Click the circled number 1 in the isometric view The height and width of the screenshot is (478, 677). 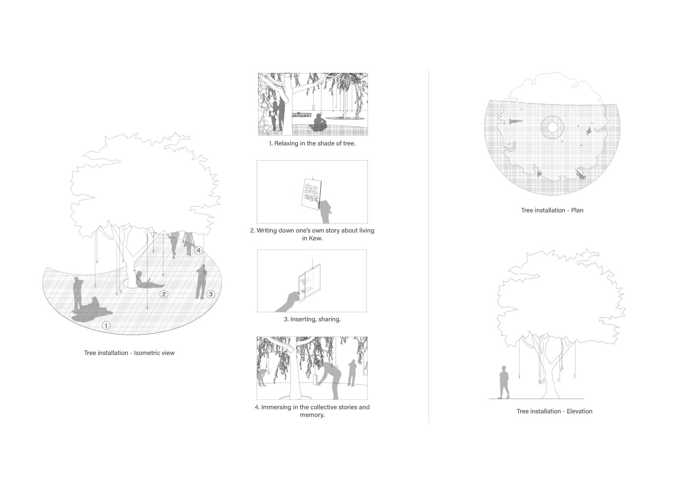tap(106, 325)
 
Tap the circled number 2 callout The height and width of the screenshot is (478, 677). tap(164, 294)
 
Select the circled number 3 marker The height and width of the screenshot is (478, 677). tap(211, 294)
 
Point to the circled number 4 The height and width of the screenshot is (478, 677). tap(198, 251)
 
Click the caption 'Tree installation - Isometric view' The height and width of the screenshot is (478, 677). tap(130, 353)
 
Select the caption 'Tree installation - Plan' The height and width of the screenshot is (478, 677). tap(552, 211)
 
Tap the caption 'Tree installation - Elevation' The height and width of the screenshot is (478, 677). tap(554, 411)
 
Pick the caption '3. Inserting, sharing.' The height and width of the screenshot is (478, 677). tap(312, 319)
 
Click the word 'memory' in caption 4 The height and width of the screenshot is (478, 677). tap(311, 415)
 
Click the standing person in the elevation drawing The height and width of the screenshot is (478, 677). tap(503, 382)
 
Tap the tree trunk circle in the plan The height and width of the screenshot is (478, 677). tap(552, 127)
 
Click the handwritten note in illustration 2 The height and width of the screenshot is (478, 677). tap(311, 194)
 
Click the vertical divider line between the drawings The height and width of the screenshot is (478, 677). tap(428, 247)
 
